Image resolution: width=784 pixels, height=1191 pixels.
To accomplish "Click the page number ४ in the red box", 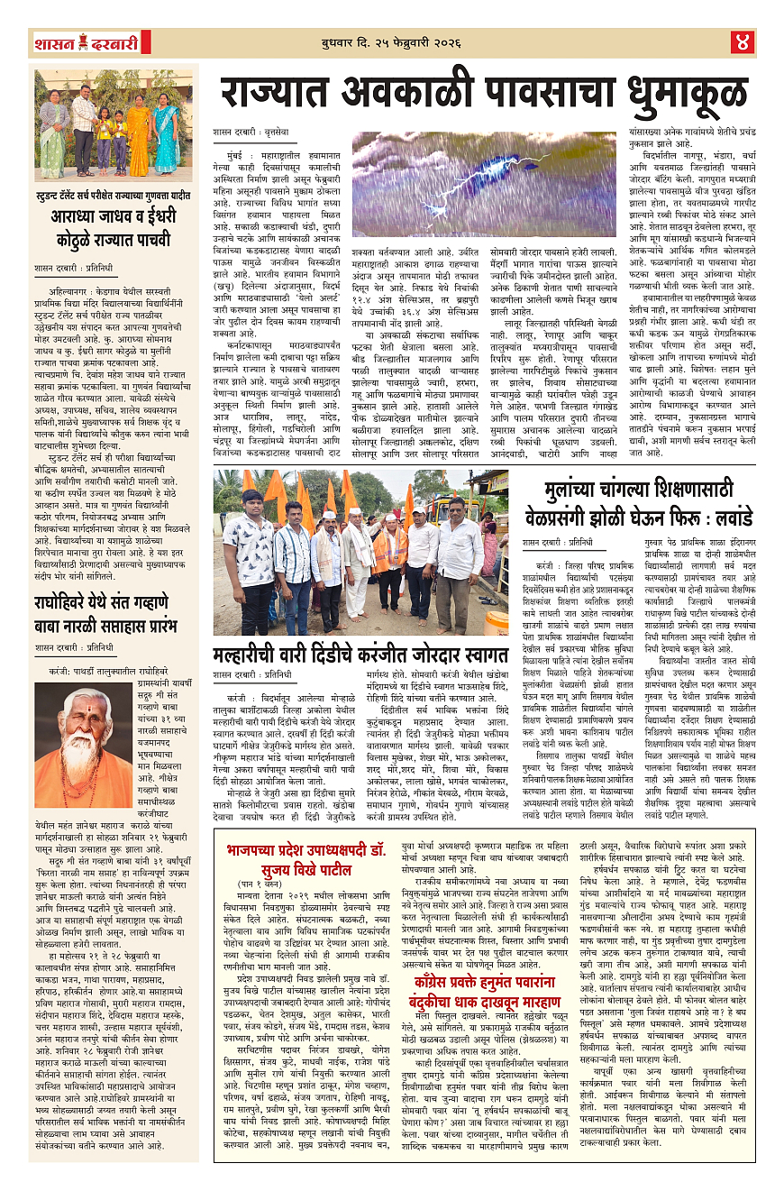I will [742, 41].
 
